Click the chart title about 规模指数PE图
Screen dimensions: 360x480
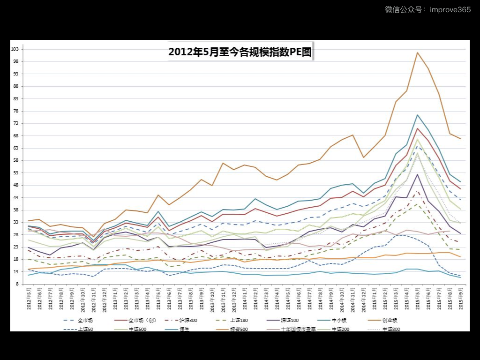click(x=240, y=52)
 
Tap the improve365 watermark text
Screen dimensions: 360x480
click(x=427, y=9)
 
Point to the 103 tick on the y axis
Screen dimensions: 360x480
click(x=15, y=49)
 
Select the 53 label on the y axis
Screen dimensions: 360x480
click(x=16, y=172)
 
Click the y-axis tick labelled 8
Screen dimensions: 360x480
click(x=17, y=284)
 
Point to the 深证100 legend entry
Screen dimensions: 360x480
click(x=289, y=321)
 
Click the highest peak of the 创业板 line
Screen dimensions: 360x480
click(x=417, y=52)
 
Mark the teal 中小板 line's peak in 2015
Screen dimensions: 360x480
click(x=417, y=115)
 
